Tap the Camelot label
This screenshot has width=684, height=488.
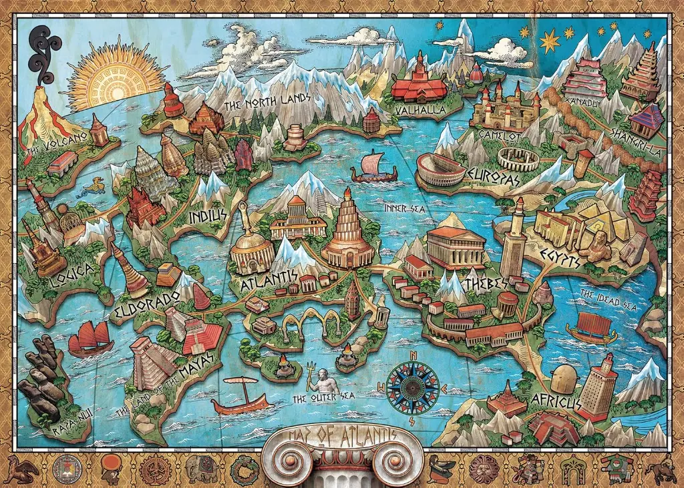(499, 136)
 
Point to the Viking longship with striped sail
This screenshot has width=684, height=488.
(375, 167)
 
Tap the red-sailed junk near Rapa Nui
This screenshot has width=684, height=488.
(91, 338)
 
